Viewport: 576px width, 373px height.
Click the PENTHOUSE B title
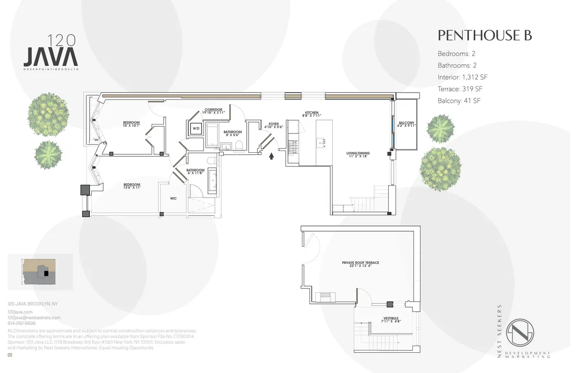click(484, 36)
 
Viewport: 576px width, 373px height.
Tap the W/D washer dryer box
click(196, 129)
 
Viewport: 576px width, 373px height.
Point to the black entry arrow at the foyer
click(272, 156)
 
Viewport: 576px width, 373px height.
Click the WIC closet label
click(174, 198)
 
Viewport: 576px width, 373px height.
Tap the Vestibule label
click(392, 320)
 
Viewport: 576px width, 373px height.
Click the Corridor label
click(214, 111)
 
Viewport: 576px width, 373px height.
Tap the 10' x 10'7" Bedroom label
click(131, 124)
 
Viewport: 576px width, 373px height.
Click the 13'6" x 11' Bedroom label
click(132, 186)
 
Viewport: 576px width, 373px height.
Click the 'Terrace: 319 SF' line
click(459, 89)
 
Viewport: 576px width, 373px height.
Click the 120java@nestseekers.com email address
click(34, 318)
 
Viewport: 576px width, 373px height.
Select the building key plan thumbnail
click(40, 272)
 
